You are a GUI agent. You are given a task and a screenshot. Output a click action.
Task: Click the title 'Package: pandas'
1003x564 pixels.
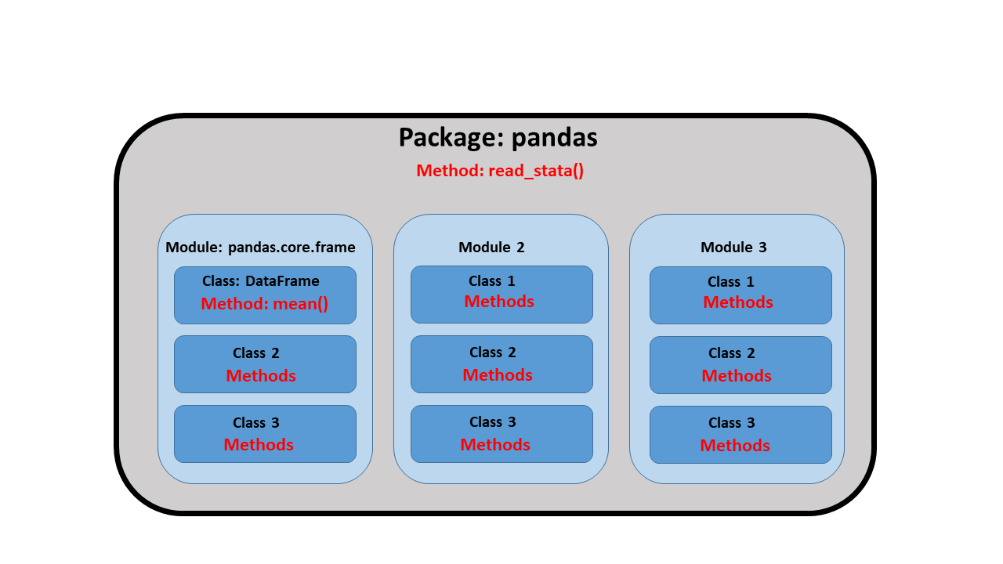498,137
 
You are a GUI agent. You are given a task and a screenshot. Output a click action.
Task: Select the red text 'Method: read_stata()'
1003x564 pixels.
500,171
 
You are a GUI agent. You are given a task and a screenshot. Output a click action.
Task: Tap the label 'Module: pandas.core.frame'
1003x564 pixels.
260,247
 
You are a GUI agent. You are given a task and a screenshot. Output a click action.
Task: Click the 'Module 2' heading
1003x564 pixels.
491,247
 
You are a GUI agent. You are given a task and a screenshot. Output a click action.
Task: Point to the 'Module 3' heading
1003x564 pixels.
733,247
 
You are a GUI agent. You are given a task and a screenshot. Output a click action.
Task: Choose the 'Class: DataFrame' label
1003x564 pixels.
261,281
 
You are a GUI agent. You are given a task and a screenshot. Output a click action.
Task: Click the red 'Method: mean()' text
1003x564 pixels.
265,304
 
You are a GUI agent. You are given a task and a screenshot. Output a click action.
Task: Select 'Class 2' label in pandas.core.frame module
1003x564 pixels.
255,353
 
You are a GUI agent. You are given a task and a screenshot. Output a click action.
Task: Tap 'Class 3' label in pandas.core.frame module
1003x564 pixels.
255,423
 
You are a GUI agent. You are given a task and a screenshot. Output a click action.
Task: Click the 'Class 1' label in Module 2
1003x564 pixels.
491,281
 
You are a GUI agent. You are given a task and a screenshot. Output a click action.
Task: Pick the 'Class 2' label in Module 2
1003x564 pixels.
493,352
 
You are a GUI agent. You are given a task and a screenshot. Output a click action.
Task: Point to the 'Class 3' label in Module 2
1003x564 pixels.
493,422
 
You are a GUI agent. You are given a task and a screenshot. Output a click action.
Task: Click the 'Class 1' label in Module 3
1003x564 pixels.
731,282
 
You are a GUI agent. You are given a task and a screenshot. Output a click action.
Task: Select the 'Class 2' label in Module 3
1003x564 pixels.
732,353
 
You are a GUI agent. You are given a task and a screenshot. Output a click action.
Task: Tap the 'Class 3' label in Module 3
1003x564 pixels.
732,423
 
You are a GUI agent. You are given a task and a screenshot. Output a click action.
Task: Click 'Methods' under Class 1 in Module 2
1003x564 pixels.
499,302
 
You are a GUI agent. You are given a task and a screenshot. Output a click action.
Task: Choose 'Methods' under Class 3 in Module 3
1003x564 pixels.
735,446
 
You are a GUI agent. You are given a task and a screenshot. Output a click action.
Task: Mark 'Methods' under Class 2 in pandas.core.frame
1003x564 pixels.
261,376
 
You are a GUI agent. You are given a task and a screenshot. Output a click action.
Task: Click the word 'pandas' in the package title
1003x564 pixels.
554,137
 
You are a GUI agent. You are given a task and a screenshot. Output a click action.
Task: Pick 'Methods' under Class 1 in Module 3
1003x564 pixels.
738,302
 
